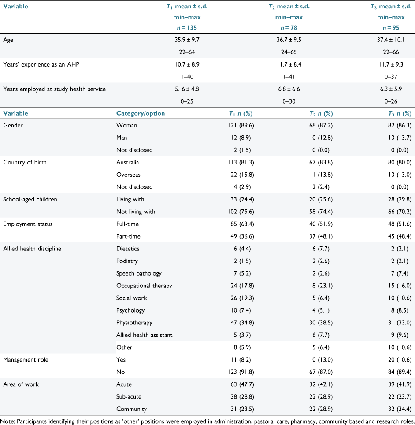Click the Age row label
(x=8, y=40)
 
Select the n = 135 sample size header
(x=187, y=28)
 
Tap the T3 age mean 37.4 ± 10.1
(x=391, y=40)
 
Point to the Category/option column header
(x=141, y=113)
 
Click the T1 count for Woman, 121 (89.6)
(x=241, y=125)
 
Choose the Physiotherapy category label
(x=134, y=323)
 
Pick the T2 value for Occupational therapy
(x=321, y=286)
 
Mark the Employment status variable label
(x=28, y=224)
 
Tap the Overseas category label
(x=128, y=175)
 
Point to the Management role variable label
(x=26, y=360)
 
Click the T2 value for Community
(x=321, y=409)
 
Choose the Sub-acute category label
(x=129, y=396)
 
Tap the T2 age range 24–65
(x=289, y=52)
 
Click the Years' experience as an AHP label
(x=41, y=64)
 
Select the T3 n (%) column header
(x=400, y=114)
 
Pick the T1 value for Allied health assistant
(x=242, y=335)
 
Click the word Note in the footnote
(x=8, y=421)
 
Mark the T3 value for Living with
(x=400, y=199)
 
